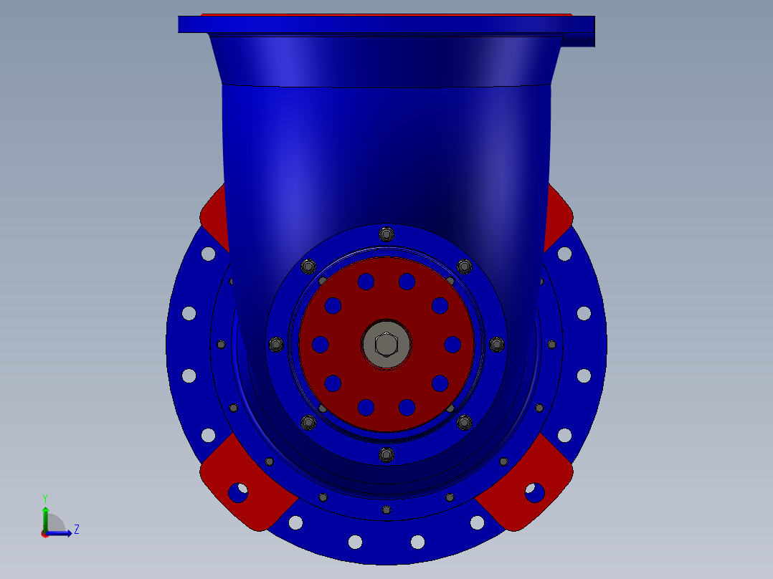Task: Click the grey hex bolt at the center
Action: click(x=386, y=344)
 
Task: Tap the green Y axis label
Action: click(x=45, y=499)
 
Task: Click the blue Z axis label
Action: click(x=77, y=530)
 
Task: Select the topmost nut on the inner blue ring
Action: click(x=386, y=234)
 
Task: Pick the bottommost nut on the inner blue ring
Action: click(x=386, y=454)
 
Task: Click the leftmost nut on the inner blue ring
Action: click(x=276, y=344)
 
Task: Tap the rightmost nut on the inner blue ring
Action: click(x=497, y=344)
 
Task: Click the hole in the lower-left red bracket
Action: click(x=238, y=492)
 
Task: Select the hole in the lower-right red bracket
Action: click(x=535, y=492)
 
